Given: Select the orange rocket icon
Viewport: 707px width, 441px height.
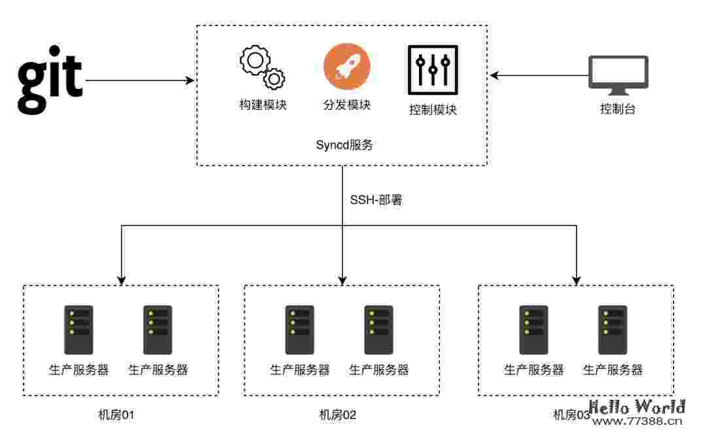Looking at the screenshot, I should click(346, 67).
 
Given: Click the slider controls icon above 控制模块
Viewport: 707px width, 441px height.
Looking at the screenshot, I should click(432, 70).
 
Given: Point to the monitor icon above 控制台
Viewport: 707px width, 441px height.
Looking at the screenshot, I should click(618, 73).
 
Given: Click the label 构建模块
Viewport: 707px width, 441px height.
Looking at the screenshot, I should click(263, 105).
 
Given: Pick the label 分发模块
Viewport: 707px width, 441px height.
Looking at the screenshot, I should click(347, 105).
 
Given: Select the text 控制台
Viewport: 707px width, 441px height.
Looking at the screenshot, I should click(618, 109).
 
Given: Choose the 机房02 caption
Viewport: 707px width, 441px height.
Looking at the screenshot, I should click(337, 414).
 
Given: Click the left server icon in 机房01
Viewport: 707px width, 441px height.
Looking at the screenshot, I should click(79, 330).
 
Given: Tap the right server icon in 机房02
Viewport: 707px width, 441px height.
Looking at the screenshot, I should click(378, 330).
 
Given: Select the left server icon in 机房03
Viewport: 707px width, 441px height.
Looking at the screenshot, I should click(533, 330).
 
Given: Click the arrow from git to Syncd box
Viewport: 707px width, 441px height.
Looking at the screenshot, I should click(140, 80).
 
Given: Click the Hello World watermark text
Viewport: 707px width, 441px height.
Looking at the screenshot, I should click(638, 407).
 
